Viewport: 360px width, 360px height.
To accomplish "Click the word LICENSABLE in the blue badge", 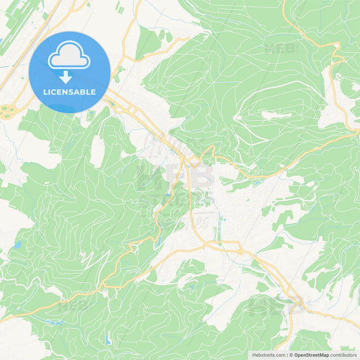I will tap(70, 92).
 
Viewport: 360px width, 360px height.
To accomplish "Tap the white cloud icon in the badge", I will tap(69, 55).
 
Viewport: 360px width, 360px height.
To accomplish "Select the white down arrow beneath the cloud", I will tap(66, 76).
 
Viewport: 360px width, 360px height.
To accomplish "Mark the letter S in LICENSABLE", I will tap(73, 92).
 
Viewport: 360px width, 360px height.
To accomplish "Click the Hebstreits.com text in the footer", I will tap(269, 355).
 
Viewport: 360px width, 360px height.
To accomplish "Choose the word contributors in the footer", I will tap(344, 355).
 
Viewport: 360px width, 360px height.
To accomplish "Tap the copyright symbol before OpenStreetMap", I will tap(290, 355).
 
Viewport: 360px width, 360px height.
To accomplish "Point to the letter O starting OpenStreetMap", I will tap(296, 355).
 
